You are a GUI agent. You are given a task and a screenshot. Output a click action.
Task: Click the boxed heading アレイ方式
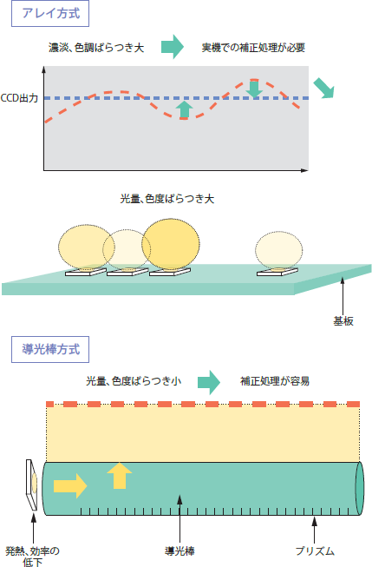50,14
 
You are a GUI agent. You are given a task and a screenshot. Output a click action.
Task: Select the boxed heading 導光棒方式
50,350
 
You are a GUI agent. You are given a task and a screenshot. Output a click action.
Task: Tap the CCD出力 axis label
19,98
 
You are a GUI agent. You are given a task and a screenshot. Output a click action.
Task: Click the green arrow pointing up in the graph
186,109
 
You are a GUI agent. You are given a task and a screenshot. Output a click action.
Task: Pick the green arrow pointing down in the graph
254,89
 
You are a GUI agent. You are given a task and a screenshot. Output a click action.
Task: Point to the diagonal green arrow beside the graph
323,88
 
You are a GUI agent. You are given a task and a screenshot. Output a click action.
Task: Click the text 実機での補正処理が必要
253,48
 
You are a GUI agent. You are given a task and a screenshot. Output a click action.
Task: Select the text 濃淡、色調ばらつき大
96,48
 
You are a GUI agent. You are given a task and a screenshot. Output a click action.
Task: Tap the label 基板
343,321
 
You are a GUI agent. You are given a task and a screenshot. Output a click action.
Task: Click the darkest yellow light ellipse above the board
171,245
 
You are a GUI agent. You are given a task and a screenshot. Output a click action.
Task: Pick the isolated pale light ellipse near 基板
279,251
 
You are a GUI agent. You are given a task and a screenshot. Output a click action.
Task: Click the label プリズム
315,551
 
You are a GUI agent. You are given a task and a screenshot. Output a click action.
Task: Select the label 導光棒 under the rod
179,551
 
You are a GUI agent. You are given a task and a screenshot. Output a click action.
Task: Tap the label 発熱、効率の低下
32,557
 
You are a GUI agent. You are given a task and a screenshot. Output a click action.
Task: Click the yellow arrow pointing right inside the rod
70,486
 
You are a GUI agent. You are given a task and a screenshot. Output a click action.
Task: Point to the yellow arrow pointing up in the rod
120,476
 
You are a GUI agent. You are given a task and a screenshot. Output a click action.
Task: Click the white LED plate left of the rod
31,485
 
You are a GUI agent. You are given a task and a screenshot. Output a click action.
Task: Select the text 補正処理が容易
275,381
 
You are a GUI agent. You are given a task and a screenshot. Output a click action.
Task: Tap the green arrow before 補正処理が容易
209,382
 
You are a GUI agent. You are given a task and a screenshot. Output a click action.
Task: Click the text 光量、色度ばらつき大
167,199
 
